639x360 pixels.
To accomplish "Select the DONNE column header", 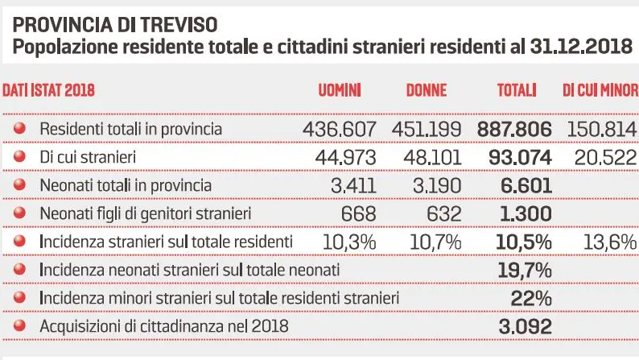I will [426, 90].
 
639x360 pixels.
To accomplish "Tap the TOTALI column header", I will [517, 90].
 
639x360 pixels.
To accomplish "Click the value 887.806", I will [514, 129].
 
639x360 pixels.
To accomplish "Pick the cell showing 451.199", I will [427, 129].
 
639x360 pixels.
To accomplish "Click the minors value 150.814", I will [601, 129].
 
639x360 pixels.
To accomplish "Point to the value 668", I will [358, 214].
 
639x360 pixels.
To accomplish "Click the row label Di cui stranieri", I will [87, 157].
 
